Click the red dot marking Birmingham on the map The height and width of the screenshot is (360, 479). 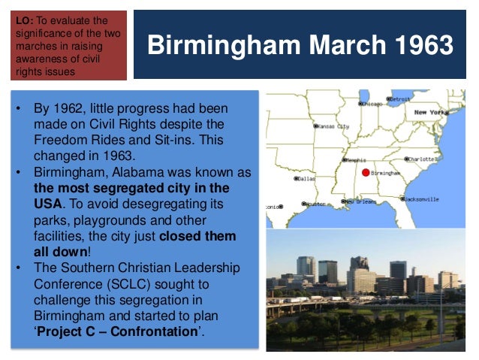click(366, 172)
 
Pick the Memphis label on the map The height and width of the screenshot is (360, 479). click(357, 159)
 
